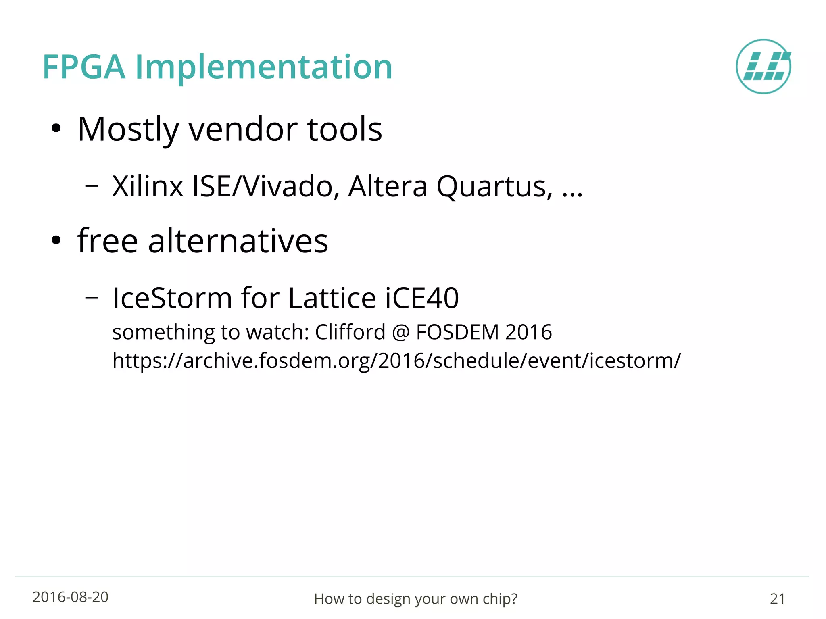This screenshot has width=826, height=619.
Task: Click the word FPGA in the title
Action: point(83,67)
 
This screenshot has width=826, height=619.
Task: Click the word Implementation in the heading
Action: point(263,67)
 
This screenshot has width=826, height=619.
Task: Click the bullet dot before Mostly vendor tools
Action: point(56,129)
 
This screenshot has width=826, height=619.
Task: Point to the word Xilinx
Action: point(148,187)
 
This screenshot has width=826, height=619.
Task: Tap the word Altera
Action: point(387,187)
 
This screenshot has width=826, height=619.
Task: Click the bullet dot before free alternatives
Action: point(56,241)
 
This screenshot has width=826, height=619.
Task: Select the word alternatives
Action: point(238,241)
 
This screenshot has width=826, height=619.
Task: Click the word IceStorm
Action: point(172,298)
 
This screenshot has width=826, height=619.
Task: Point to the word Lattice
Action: point(332,298)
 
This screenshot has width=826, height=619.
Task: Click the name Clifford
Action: point(350,332)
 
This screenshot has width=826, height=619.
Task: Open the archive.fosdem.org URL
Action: point(396,361)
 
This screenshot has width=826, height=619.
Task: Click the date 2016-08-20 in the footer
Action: point(71,597)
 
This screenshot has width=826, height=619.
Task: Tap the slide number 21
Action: point(777,599)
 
